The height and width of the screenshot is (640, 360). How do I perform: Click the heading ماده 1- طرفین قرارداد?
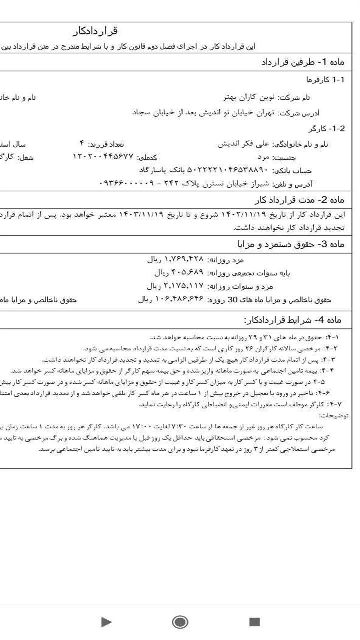303,62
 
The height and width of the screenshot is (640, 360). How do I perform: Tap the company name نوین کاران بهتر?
249,97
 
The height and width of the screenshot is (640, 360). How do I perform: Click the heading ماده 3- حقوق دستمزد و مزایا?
291,244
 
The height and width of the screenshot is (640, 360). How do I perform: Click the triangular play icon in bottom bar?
106,621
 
